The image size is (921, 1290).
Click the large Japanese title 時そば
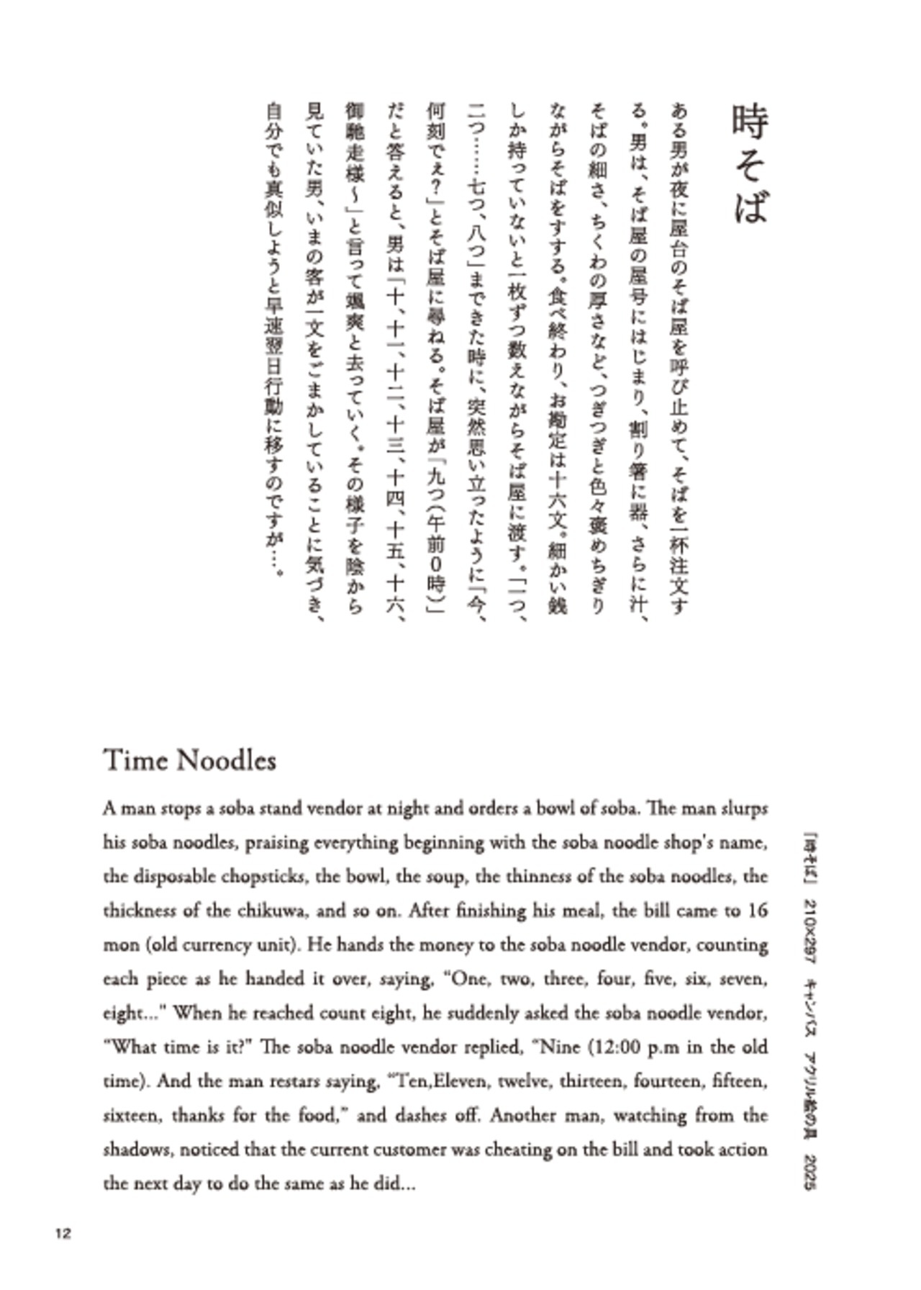tap(750, 164)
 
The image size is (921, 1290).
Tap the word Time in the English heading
tap(134, 760)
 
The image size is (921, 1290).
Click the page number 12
tap(63, 1233)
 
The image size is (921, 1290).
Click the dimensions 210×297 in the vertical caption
tap(809, 929)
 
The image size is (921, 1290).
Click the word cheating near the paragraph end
tap(517, 1150)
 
